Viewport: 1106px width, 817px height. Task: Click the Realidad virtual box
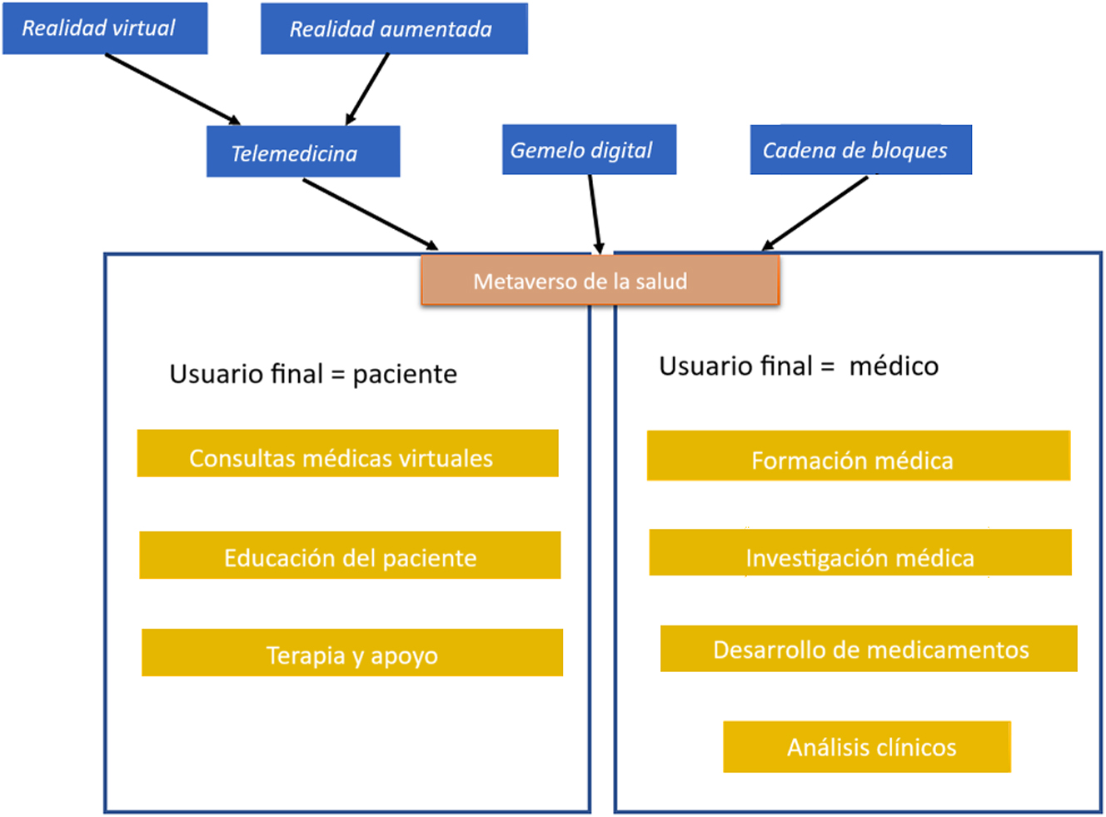tap(105, 28)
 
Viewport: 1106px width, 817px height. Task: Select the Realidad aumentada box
tap(394, 29)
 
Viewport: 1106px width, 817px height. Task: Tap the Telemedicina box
tap(303, 152)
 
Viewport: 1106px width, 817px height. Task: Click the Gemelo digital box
tap(589, 150)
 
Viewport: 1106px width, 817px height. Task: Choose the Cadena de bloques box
tap(860, 150)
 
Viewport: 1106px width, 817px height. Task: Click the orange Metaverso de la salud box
tap(600, 281)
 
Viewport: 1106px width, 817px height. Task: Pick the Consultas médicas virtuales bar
tap(347, 454)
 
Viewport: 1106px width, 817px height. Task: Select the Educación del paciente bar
tap(350, 555)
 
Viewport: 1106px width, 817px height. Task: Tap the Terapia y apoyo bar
tap(352, 653)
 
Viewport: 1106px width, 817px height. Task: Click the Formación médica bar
tap(858, 456)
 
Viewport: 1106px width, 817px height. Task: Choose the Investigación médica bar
tap(860, 553)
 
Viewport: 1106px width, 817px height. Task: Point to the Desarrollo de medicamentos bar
tap(869, 649)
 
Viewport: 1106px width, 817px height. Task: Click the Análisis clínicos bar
tap(867, 747)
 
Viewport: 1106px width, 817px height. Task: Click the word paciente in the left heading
tap(405, 375)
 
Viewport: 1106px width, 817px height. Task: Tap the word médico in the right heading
tap(894, 366)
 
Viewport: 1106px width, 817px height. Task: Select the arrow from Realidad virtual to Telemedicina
tap(172, 89)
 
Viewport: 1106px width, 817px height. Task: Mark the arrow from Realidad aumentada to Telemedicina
tap(367, 89)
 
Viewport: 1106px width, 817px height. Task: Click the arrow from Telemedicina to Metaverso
tap(371, 214)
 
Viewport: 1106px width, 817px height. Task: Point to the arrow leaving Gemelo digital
tap(595, 212)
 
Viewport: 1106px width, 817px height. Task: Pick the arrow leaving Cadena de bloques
tap(815, 213)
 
